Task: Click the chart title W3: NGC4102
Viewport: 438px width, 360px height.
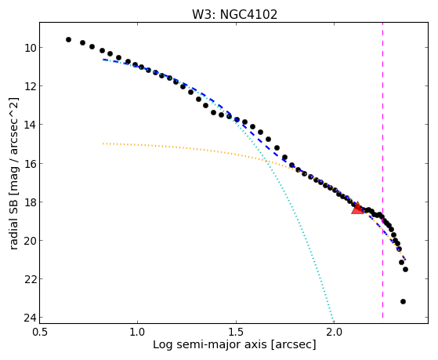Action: [234, 15]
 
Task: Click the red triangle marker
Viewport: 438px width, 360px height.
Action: [357, 209]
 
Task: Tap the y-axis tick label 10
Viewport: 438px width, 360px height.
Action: [30, 48]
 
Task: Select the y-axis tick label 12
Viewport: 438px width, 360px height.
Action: [30, 86]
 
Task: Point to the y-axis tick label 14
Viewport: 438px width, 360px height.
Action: [30, 125]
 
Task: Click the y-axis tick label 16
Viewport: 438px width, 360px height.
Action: [30, 164]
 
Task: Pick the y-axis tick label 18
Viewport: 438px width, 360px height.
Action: [30, 202]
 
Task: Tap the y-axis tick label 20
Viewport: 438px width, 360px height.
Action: [30, 241]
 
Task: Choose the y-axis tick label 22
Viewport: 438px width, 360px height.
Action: [30, 279]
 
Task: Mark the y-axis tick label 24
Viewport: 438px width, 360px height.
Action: [30, 318]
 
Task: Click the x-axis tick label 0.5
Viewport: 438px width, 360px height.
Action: [39, 332]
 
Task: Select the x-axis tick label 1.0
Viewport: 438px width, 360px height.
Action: [137, 332]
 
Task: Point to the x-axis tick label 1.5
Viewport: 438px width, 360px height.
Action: [236, 332]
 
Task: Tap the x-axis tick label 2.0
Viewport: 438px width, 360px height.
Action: [335, 332]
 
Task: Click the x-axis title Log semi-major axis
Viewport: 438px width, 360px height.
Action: [210, 345]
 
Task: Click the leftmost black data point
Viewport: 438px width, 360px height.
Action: [68, 40]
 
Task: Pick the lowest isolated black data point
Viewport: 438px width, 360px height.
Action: [403, 301]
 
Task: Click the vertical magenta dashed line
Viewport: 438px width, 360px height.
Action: [382, 170]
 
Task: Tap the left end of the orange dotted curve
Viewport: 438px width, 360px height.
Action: [103, 144]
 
